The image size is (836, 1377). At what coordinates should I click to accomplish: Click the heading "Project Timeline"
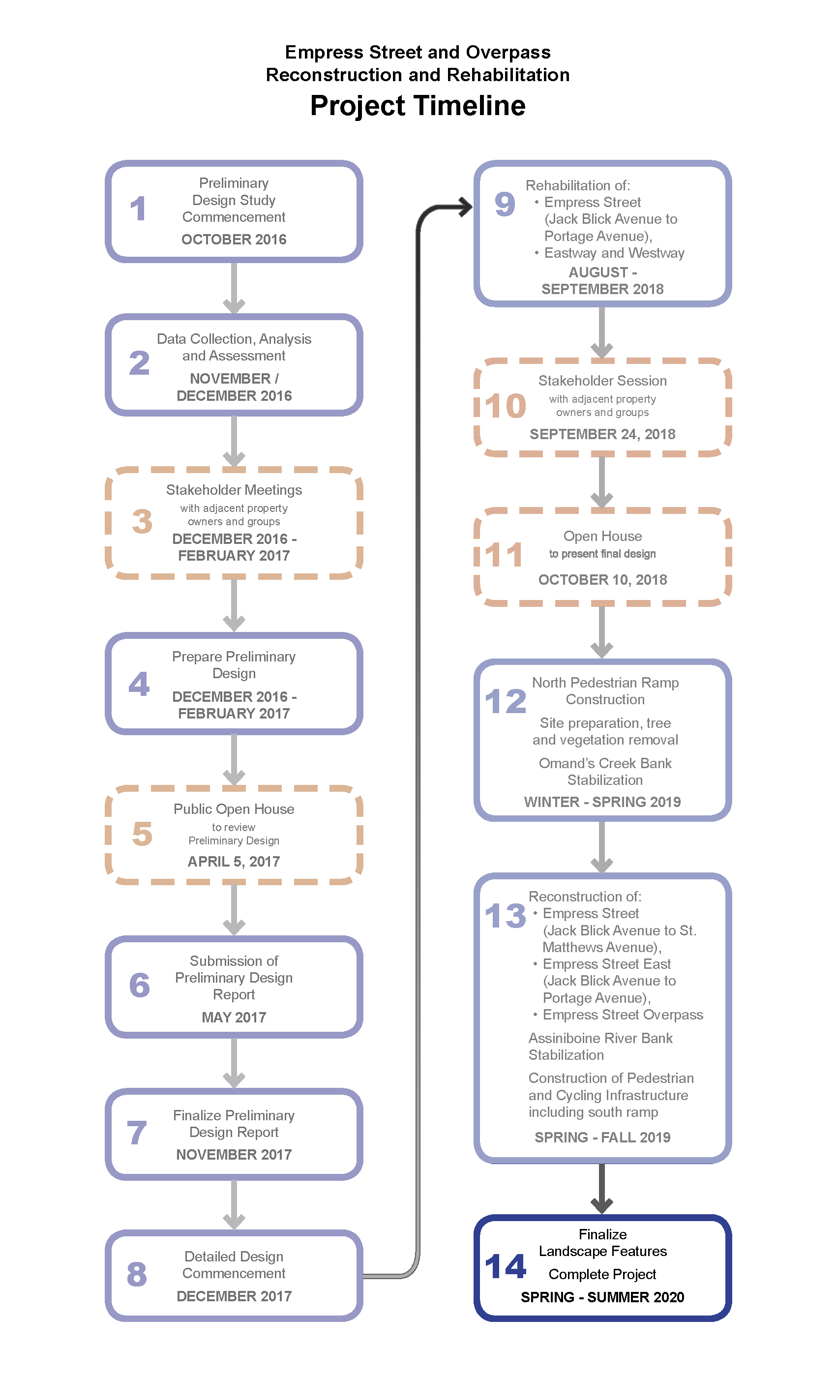click(418, 106)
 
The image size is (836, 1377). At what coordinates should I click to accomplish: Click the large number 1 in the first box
click(138, 209)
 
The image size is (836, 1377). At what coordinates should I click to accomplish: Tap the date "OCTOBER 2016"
click(234, 240)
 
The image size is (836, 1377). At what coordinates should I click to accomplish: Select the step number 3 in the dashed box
click(142, 521)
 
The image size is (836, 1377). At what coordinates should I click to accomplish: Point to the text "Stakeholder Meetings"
click(234, 490)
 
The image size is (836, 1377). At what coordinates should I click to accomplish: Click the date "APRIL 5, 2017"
click(234, 862)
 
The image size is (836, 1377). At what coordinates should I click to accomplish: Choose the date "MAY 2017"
click(234, 1018)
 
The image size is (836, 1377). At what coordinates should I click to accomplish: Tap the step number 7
click(137, 1133)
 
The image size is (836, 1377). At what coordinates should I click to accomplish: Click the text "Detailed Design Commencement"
click(234, 1265)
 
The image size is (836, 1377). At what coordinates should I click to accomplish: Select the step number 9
click(505, 204)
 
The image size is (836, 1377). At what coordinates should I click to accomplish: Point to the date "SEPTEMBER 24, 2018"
click(602, 434)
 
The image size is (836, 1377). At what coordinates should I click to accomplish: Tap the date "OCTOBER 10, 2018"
click(602, 580)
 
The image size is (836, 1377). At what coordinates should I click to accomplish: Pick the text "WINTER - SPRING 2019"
click(602, 803)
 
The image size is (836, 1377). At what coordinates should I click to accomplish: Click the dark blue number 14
click(506, 1266)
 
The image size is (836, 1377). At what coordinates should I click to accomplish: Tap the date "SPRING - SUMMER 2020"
click(602, 1298)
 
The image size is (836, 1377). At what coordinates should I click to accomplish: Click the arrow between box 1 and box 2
click(234, 288)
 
